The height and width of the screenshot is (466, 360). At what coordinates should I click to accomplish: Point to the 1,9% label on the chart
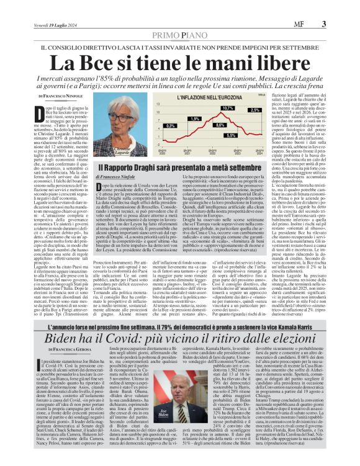194,119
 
